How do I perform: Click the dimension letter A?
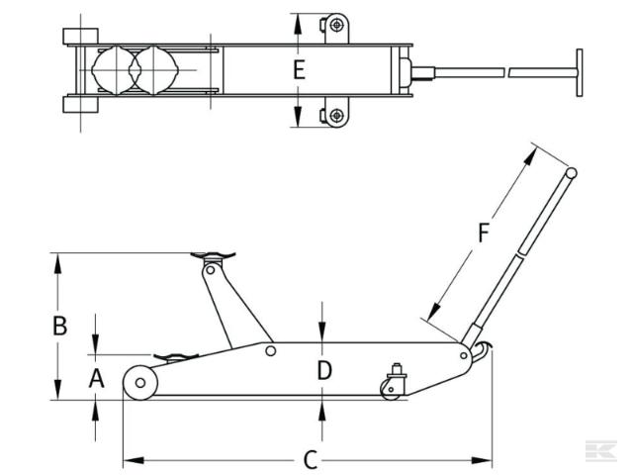click(x=96, y=377)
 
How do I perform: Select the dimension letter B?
click(x=59, y=326)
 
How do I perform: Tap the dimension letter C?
click(x=310, y=460)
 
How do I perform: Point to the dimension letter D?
click(x=323, y=371)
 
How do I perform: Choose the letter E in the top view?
click(x=299, y=70)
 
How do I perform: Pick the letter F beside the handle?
click(x=483, y=234)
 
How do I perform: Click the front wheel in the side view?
click(x=140, y=383)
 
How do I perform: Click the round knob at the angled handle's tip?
click(x=571, y=174)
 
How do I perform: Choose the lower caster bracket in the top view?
click(x=336, y=116)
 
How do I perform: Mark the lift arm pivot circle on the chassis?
click(x=269, y=349)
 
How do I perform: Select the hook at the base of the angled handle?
click(x=481, y=352)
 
